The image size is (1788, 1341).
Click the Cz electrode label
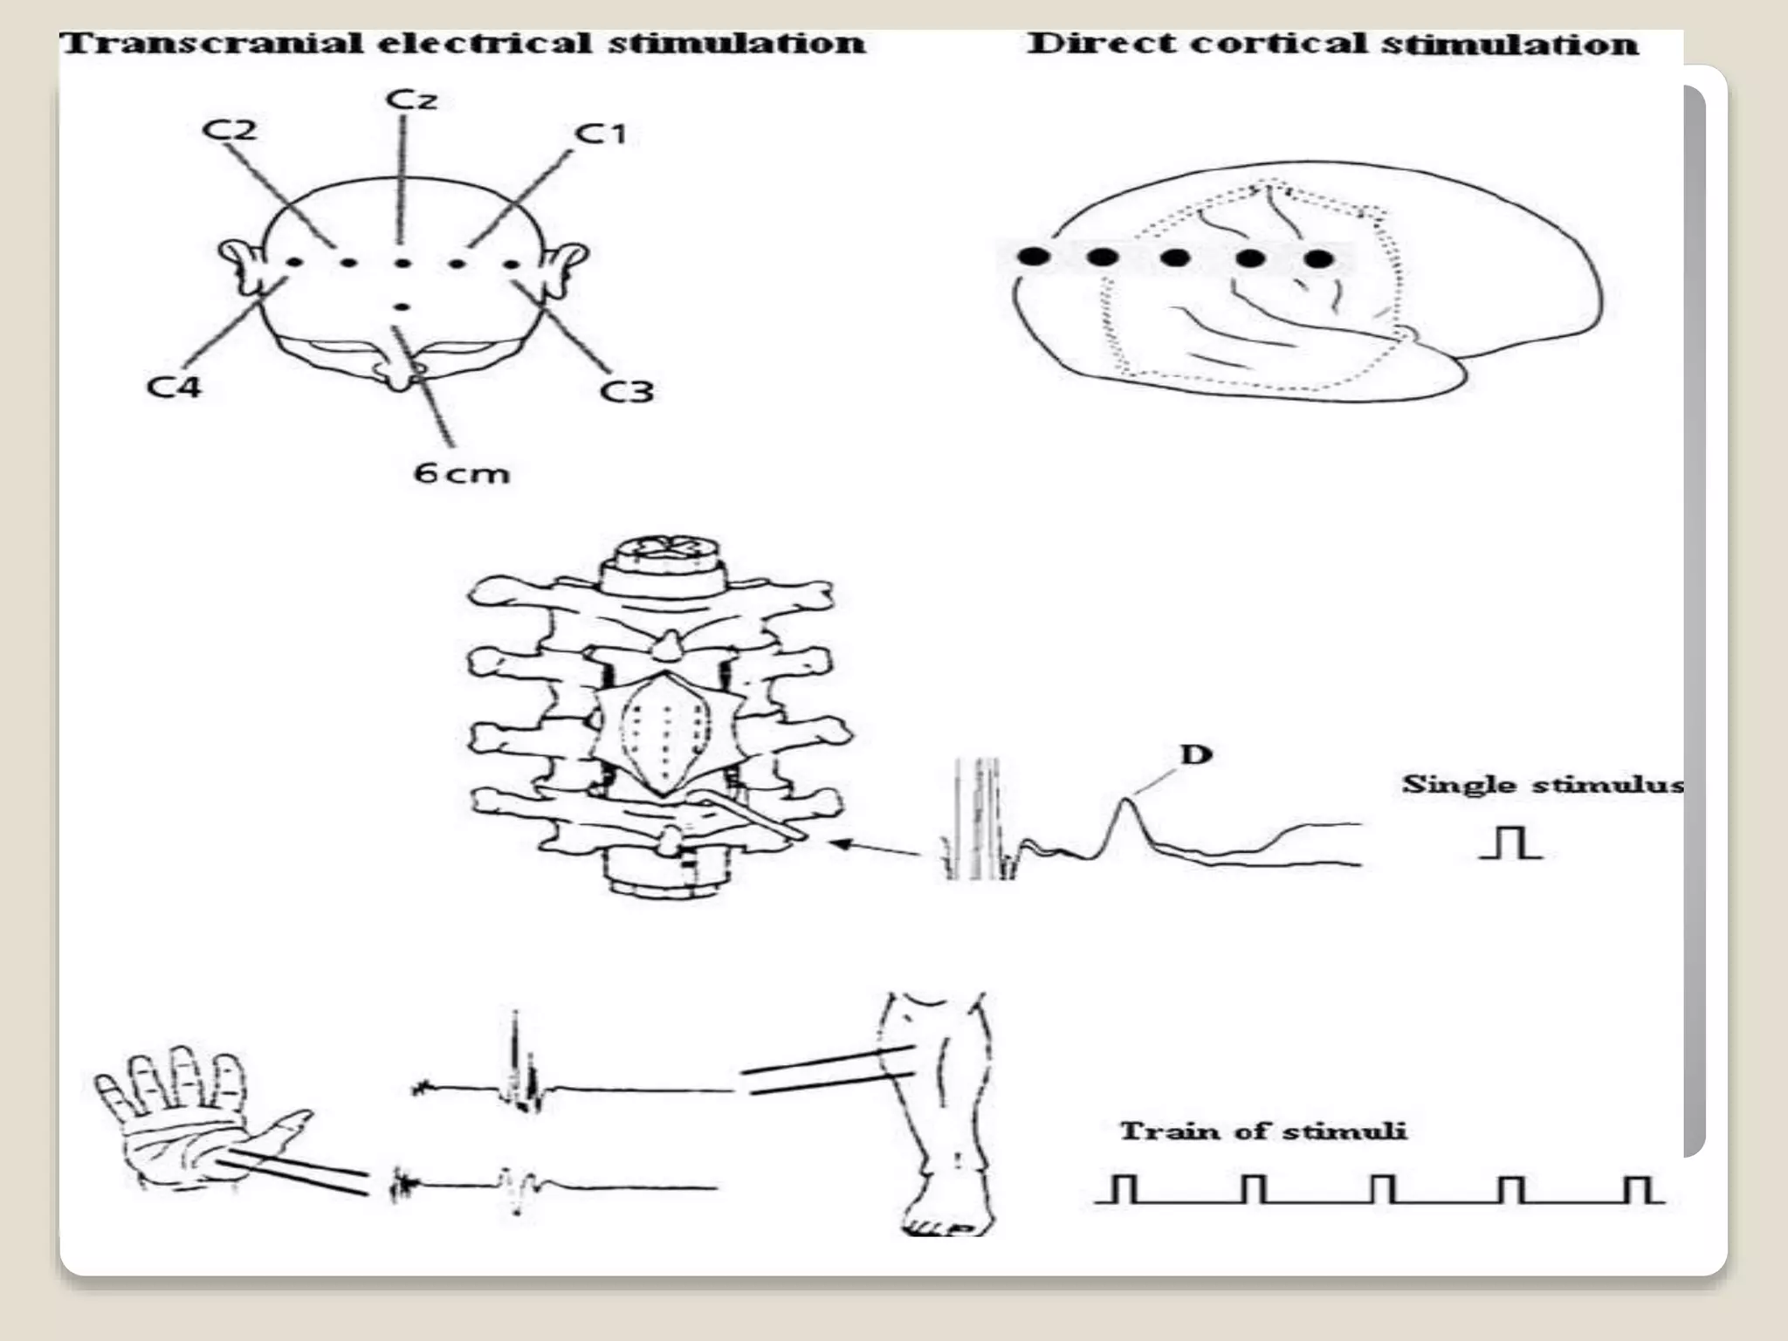(x=410, y=99)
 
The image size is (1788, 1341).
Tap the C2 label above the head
(x=229, y=130)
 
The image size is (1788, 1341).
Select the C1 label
(x=601, y=134)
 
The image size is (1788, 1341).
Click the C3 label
(x=627, y=391)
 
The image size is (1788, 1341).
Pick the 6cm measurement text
(x=460, y=473)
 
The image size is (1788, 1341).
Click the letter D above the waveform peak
(x=1195, y=753)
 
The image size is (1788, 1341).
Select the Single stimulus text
(x=1542, y=784)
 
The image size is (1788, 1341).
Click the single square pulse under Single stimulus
(x=1510, y=843)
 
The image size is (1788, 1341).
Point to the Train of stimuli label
(x=1262, y=1131)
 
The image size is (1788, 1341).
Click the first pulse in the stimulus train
(x=1125, y=1189)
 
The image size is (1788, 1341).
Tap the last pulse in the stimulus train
(x=1638, y=1189)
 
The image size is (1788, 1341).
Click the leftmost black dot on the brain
(x=1034, y=257)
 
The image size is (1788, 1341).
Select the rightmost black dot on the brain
(x=1319, y=258)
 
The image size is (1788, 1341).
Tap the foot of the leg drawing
(x=943, y=1217)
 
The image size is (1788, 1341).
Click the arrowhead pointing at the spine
(x=840, y=843)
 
